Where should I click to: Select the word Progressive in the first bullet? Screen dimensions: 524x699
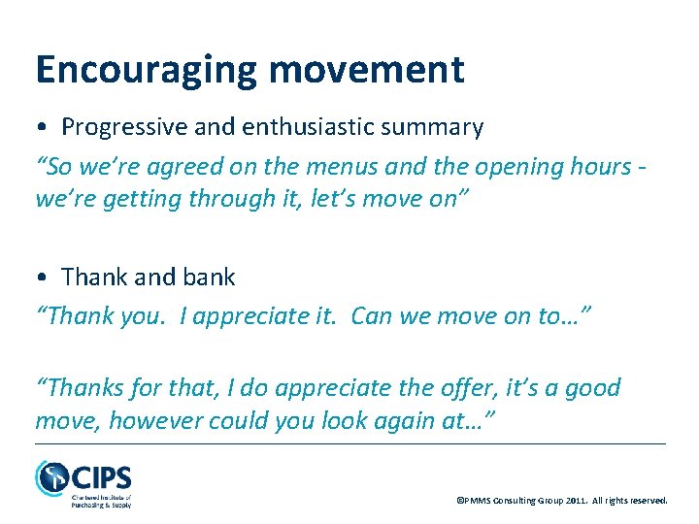coord(120,127)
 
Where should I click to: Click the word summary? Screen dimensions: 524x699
coord(440,127)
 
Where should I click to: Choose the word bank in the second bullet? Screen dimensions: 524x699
coord(211,278)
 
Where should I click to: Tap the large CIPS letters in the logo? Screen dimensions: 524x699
coord(100,478)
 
